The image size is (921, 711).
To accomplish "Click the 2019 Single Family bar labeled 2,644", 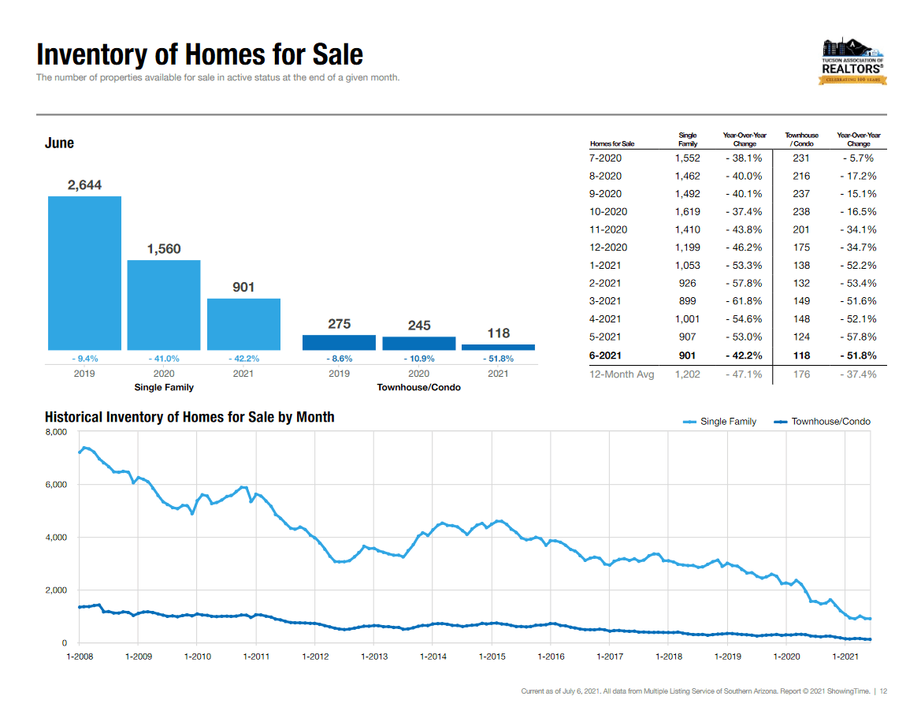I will pos(84,273).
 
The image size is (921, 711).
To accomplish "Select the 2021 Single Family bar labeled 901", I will pos(243,324).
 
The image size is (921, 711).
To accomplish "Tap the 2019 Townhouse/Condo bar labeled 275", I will pos(339,343).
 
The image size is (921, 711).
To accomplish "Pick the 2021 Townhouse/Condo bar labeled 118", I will pos(498,347).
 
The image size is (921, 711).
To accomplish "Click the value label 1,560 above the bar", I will pos(164,249).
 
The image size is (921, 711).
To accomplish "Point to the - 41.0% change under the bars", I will pos(164,358).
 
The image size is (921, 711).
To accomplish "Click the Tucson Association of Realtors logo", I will pos(853,61).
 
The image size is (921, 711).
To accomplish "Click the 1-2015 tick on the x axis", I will pos(492,656).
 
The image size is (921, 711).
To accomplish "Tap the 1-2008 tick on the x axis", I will pos(79,656).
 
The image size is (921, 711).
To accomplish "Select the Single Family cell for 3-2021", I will pos(687,301).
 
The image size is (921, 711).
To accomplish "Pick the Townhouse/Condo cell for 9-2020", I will pos(801,194).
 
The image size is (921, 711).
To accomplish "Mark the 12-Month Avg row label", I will pos(622,374).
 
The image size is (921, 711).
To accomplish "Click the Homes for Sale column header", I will pos(612,144).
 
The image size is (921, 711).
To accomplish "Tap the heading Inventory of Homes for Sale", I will pos(200,54).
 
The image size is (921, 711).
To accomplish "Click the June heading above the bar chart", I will pos(60,143).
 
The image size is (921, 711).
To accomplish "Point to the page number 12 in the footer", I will pos(884,691).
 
